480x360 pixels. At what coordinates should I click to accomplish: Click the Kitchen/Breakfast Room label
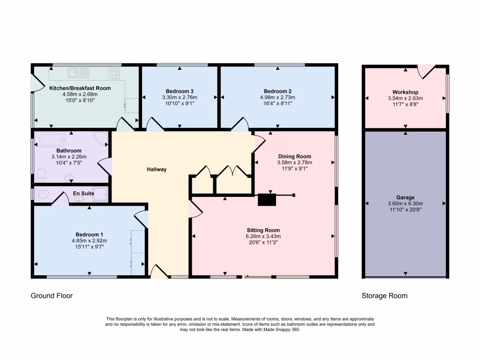[80, 88]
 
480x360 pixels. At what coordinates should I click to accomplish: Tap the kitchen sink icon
[78, 73]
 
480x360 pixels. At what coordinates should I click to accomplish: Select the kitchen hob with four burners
[114, 73]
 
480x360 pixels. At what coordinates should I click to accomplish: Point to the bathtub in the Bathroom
[52, 140]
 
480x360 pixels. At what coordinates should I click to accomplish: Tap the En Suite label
[83, 193]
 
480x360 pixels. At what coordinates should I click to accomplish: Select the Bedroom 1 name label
[89, 234]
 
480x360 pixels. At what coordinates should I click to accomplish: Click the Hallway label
[156, 169]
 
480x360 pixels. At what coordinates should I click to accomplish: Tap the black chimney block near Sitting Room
[267, 200]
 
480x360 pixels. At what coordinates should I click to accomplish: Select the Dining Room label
[294, 157]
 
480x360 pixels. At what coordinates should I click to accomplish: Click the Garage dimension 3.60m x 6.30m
[405, 204]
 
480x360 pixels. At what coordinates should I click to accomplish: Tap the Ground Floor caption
[52, 296]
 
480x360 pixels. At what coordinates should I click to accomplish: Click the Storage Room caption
[384, 296]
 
